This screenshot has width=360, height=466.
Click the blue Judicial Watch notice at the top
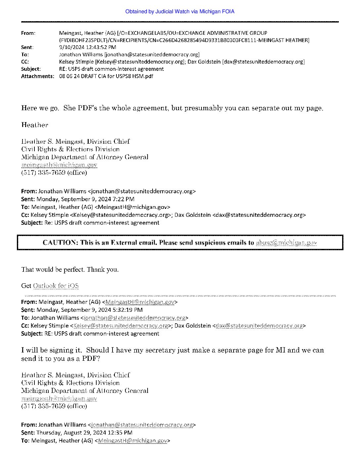coord(180,12)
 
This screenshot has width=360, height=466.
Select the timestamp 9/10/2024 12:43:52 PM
coord(87,47)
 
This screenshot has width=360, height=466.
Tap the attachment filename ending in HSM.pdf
coord(106,76)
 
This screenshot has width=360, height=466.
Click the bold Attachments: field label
coord(37,76)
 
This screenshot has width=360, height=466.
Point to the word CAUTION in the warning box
coord(60,243)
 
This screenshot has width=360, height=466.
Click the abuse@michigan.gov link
coord(286,243)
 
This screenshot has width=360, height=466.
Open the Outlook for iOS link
coord(56,286)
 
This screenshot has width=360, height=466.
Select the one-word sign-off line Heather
coord(34,125)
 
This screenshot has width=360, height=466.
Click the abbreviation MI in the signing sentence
coord(281,350)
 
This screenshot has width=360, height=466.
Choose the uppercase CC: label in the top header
coord(25,62)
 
